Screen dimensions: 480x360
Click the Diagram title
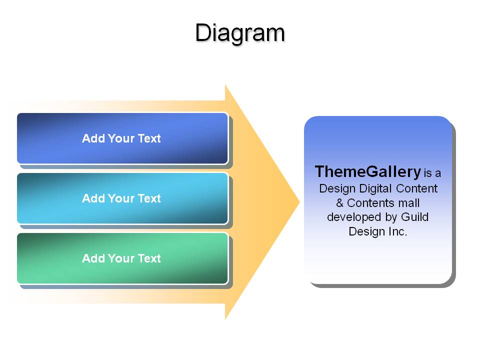(240, 33)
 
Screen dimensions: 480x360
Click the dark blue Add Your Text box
(122, 138)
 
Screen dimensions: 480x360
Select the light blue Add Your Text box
(122, 198)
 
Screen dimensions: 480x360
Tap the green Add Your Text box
(122, 258)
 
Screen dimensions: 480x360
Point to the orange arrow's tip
(299, 201)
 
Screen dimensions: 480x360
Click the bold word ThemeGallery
(368, 171)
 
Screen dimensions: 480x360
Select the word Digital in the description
(375, 188)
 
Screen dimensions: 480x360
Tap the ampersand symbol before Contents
(340, 202)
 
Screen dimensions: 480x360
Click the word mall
(409, 202)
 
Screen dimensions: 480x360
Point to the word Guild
(415, 216)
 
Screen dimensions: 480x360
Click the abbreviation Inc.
(398, 231)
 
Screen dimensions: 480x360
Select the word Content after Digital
(416, 188)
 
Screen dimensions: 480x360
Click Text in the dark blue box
(149, 138)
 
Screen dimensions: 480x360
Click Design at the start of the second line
(337, 188)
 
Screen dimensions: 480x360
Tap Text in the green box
(149, 258)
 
